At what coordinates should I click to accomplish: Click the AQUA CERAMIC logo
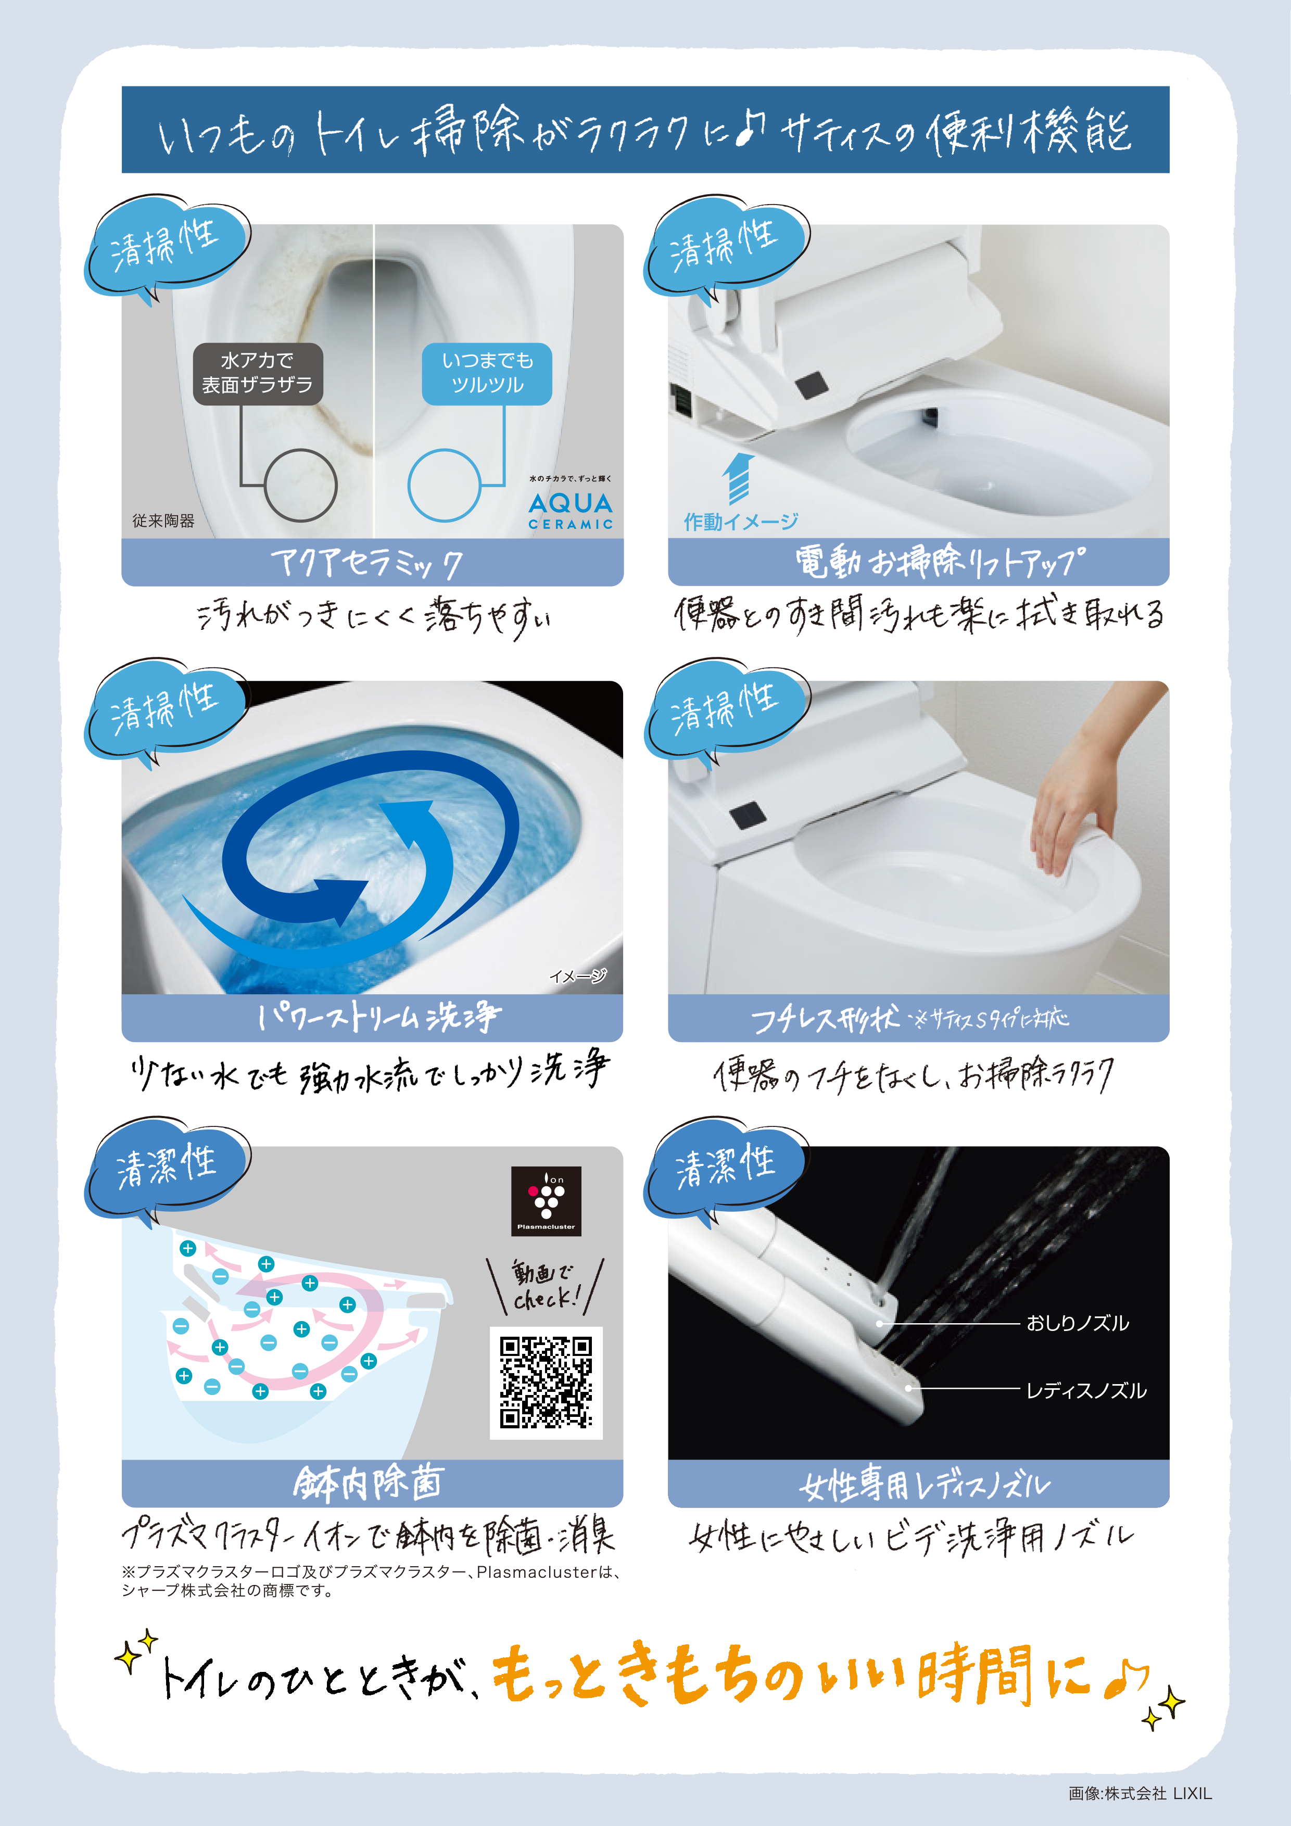[571, 510]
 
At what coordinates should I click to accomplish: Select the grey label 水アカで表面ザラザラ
[258, 373]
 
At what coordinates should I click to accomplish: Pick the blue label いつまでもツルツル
[487, 373]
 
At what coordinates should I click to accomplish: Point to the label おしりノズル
[1077, 1323]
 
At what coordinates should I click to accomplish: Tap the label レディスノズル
[1086, 1390]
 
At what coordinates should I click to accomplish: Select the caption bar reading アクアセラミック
[372, 562]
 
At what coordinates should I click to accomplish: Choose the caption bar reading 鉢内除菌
[372, 1483]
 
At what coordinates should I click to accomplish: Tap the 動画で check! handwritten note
[546, 1285]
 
